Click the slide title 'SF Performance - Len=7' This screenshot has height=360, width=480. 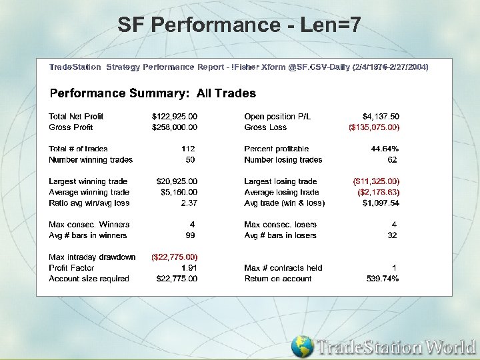[239, 25]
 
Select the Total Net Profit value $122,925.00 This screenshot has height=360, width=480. [175, 117]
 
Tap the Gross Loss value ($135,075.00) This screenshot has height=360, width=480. [374, 127]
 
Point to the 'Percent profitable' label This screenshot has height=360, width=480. [276, 149]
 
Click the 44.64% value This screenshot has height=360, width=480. [385, 149]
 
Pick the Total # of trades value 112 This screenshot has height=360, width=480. [188, 149]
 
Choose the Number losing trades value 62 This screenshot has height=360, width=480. [392, 160]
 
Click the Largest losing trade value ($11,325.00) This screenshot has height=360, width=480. [375, 181]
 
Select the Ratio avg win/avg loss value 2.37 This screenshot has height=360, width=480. [189, 203]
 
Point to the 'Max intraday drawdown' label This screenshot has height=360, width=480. [92, 257]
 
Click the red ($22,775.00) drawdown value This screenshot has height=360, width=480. [175, 257]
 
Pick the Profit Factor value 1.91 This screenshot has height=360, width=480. [189, 268]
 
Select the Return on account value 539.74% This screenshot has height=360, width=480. [383, 279]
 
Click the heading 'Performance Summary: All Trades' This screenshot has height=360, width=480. [153, 93]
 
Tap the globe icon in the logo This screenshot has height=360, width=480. [302, 347]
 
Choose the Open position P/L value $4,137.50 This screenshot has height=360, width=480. [381, 117]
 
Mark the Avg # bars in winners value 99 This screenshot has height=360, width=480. [190, 235]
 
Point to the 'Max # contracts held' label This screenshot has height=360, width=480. [283, 268]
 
